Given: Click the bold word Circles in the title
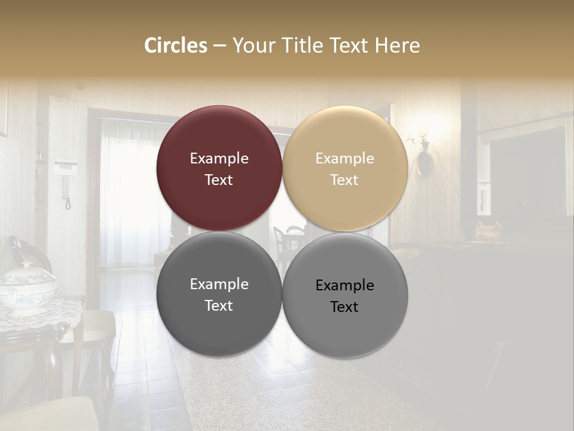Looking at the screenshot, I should tap(176, 45).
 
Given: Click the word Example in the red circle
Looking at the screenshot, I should tap(219, 159).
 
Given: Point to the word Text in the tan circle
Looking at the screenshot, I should tap(344, 180).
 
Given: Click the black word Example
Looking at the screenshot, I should tap(344, 286).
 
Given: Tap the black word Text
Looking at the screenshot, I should tap(344, 307).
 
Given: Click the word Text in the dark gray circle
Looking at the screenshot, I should tap(219, 306).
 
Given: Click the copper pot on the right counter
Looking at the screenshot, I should tap(487, 230).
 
